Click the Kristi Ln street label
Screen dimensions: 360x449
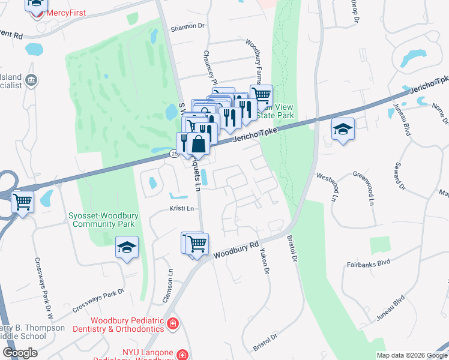point(182,209)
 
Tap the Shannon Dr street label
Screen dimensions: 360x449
point(187,27)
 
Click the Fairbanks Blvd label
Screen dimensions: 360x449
point(369,263)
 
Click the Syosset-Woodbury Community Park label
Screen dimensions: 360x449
point(103,220)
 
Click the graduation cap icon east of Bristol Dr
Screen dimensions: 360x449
point(343,129)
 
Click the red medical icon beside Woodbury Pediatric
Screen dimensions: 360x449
point(173,324)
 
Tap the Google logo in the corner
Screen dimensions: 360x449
point(19,353)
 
